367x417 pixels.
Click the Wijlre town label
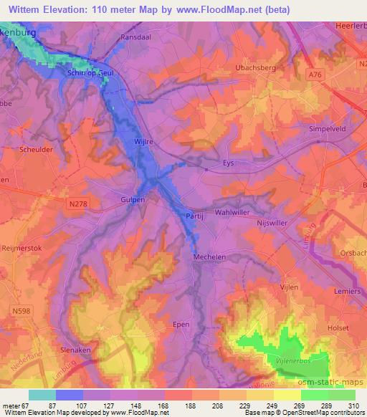(144, 142)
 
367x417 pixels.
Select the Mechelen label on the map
(210, 256)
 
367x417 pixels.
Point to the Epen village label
(182, 324)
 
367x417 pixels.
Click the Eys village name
(229, 163)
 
